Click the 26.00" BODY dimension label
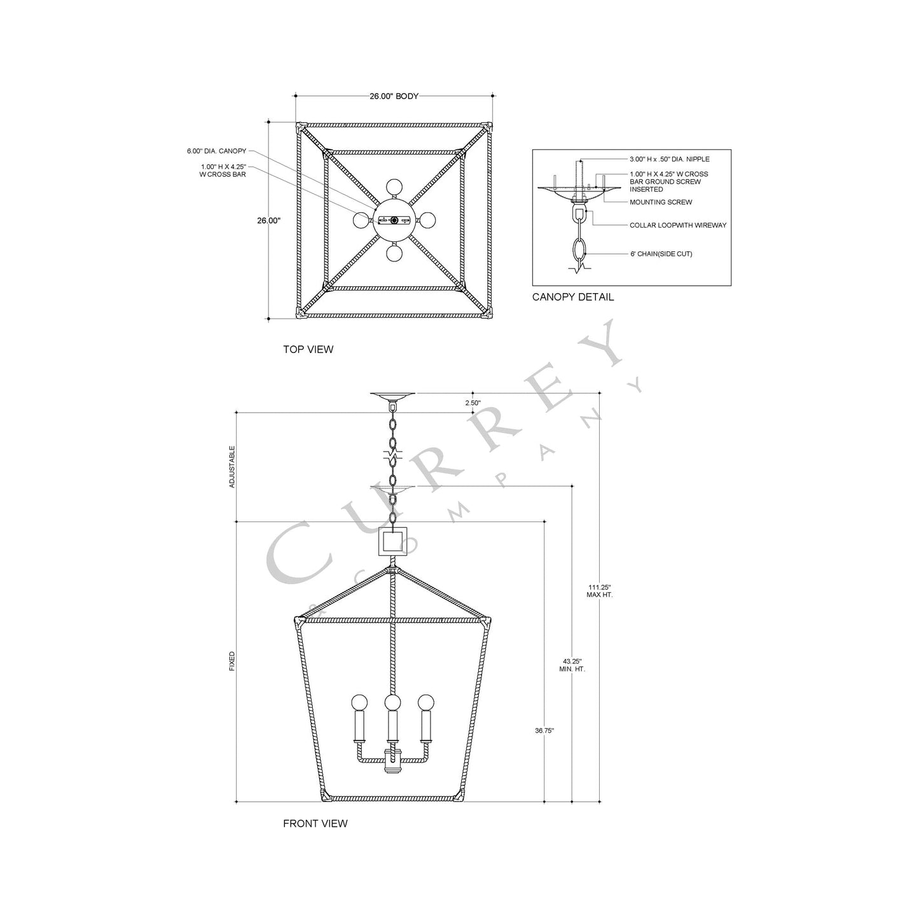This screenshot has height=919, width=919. [394, 97]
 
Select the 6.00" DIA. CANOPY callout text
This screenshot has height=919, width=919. [216, 151]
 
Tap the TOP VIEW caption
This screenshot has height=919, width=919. [308, 349]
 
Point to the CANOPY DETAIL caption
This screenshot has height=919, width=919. [573, 297]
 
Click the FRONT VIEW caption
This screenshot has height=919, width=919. [315, 824]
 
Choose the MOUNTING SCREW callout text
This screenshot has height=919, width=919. [661, 202]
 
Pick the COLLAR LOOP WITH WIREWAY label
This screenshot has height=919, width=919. [678, 225]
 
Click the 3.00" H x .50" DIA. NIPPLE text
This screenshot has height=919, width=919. [669, 159]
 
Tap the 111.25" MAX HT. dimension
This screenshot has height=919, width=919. [599, 591]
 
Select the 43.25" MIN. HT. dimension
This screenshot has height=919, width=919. [572, 665]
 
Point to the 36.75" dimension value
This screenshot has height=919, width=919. [544, 731]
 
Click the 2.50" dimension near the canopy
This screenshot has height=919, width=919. [473, 403]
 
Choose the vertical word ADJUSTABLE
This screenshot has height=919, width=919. [232, 466]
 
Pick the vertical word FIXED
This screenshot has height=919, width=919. [232, 661]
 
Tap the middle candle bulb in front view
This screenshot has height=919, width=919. [392, 703]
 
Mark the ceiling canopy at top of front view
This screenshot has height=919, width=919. [392, 396]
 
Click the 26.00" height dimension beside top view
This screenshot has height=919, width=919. [268, 221]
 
